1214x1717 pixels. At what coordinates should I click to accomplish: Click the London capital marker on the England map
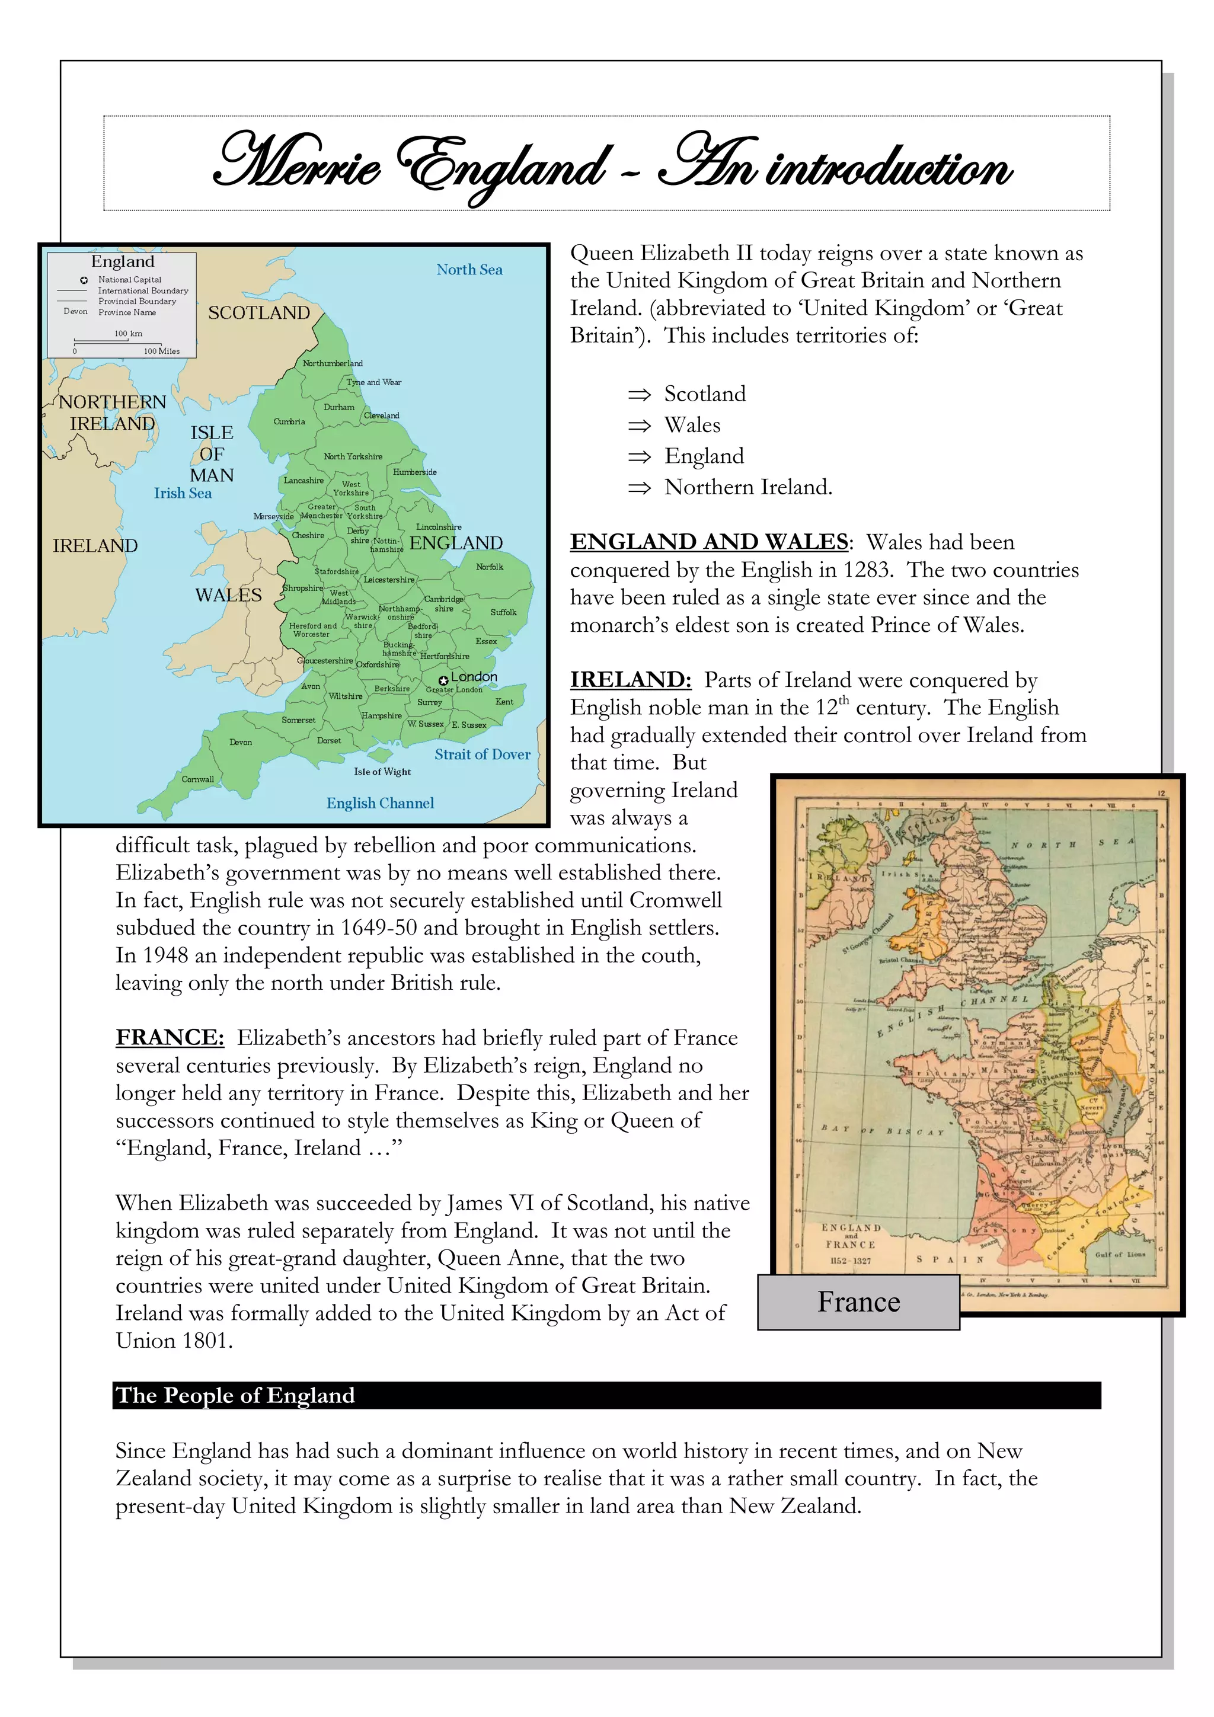click(x=443, y=680)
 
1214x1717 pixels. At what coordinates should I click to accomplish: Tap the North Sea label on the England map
click(x=469, y=269)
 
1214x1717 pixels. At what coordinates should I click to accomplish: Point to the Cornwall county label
click(x=197, y=779)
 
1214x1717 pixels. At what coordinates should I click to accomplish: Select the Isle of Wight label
click(x=382, y=772)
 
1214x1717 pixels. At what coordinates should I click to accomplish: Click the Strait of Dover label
click(x=482, y=754)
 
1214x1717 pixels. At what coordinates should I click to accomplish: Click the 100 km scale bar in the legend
click(x=128, y=341)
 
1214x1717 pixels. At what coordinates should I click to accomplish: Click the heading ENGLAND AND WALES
click(x=709, y=542)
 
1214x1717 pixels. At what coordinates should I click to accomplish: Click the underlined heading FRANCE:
click(x=169, y=1037)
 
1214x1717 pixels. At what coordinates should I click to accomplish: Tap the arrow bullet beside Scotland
click(x=639, y=395)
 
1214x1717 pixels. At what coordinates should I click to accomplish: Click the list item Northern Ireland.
click(x=747, y=488)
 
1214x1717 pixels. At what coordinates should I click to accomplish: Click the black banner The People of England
click(x=606, y=1395)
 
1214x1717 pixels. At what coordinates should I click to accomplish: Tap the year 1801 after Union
click(x=203, y=1341)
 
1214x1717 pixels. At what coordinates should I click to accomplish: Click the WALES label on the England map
click(x=228, y=595)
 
